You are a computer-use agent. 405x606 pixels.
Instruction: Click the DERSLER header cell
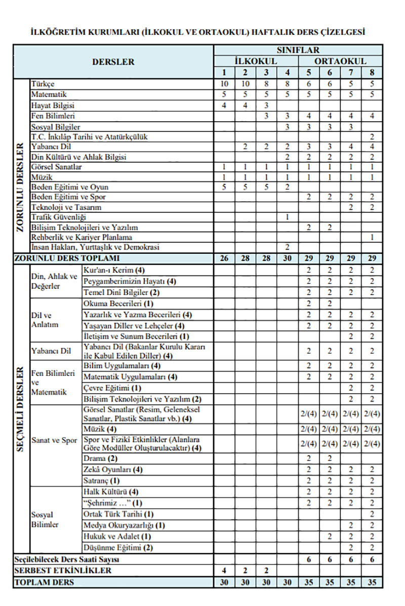click(113, 62)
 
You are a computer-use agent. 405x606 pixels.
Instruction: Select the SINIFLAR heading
click(298, 51)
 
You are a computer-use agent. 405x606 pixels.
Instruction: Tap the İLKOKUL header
click(255, 61)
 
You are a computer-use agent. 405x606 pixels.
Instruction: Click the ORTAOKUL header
click(340, 61)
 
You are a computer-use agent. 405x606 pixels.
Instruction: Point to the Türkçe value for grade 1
click(224, 84)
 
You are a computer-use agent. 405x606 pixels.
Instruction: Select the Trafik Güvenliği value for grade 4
click(287, 217)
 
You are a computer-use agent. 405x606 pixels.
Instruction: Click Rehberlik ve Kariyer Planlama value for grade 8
click(372, 237)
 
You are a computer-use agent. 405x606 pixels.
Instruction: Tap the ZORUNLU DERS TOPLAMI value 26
click(224, 258)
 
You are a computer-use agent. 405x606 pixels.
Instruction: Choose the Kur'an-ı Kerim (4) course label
click(114, 270)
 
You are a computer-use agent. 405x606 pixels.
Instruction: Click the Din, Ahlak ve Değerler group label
click(55, 281)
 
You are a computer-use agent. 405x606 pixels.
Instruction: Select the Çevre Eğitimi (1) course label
click(112, 388)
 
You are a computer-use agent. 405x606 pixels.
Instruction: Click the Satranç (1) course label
click(102, 480)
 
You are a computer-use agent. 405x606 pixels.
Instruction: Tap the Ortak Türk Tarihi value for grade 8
click(372, 514)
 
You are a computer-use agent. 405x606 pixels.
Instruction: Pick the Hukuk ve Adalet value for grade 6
click(330, 536)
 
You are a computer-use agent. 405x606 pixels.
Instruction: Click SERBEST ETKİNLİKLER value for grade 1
click(224, 571)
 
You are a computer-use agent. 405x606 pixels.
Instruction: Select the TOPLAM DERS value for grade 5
click(308, 582)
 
